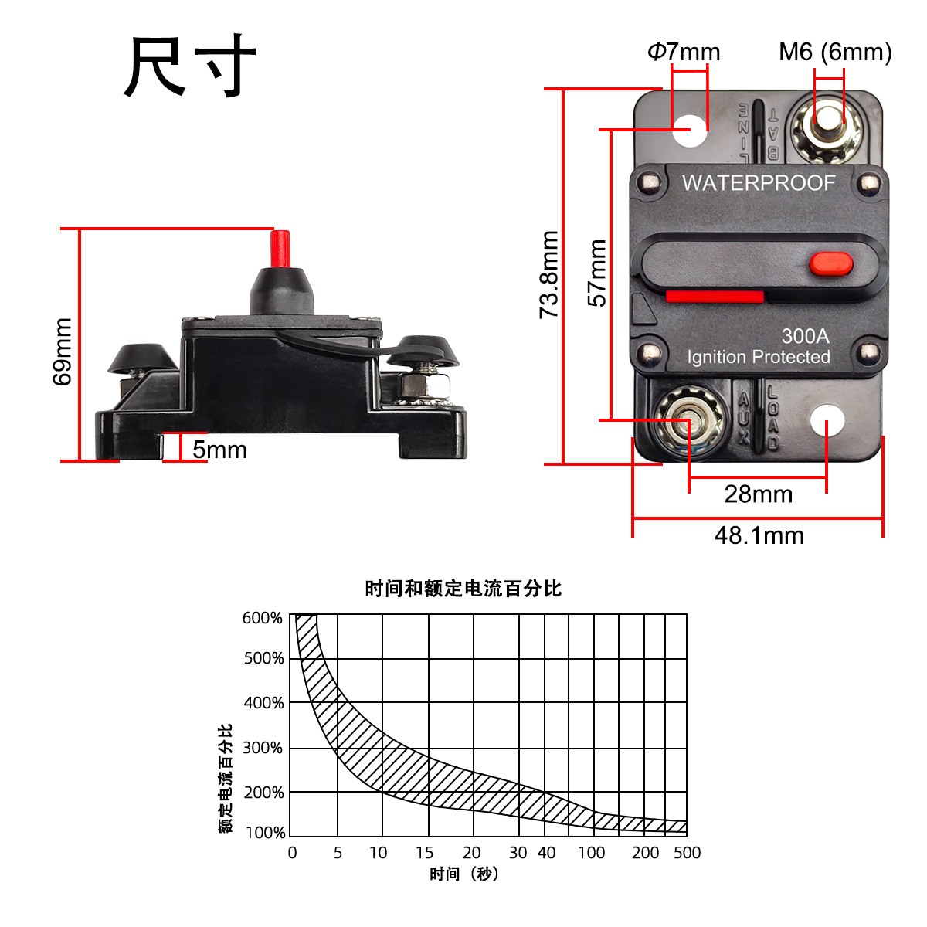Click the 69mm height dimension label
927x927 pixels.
63,351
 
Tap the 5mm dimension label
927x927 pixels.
220,450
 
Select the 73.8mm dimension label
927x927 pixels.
549,274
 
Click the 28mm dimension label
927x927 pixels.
758,494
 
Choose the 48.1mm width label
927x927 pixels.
759,535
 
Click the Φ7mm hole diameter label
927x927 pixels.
684,52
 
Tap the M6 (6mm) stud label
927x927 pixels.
835,52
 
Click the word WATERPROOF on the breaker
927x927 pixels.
759,183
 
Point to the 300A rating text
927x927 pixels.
805,336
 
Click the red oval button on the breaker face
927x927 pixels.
831,264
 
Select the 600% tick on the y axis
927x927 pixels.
263,618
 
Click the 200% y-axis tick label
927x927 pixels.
263,793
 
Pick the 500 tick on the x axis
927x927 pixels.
687,853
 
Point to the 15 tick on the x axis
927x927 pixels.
425,853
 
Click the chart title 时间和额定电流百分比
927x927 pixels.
463,589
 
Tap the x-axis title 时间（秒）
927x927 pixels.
464,874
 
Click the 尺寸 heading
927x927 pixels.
190,67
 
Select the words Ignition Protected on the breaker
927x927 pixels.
759,357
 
